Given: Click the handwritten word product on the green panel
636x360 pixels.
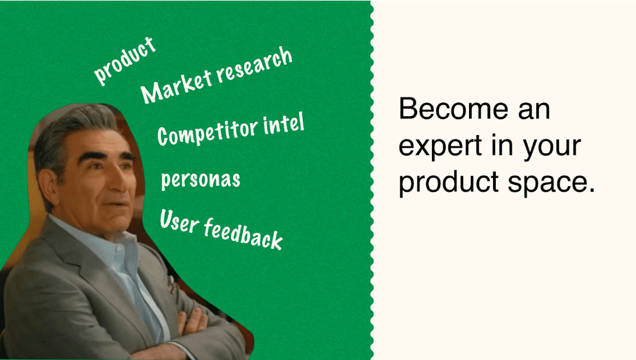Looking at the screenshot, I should click(x=124, y=60).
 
